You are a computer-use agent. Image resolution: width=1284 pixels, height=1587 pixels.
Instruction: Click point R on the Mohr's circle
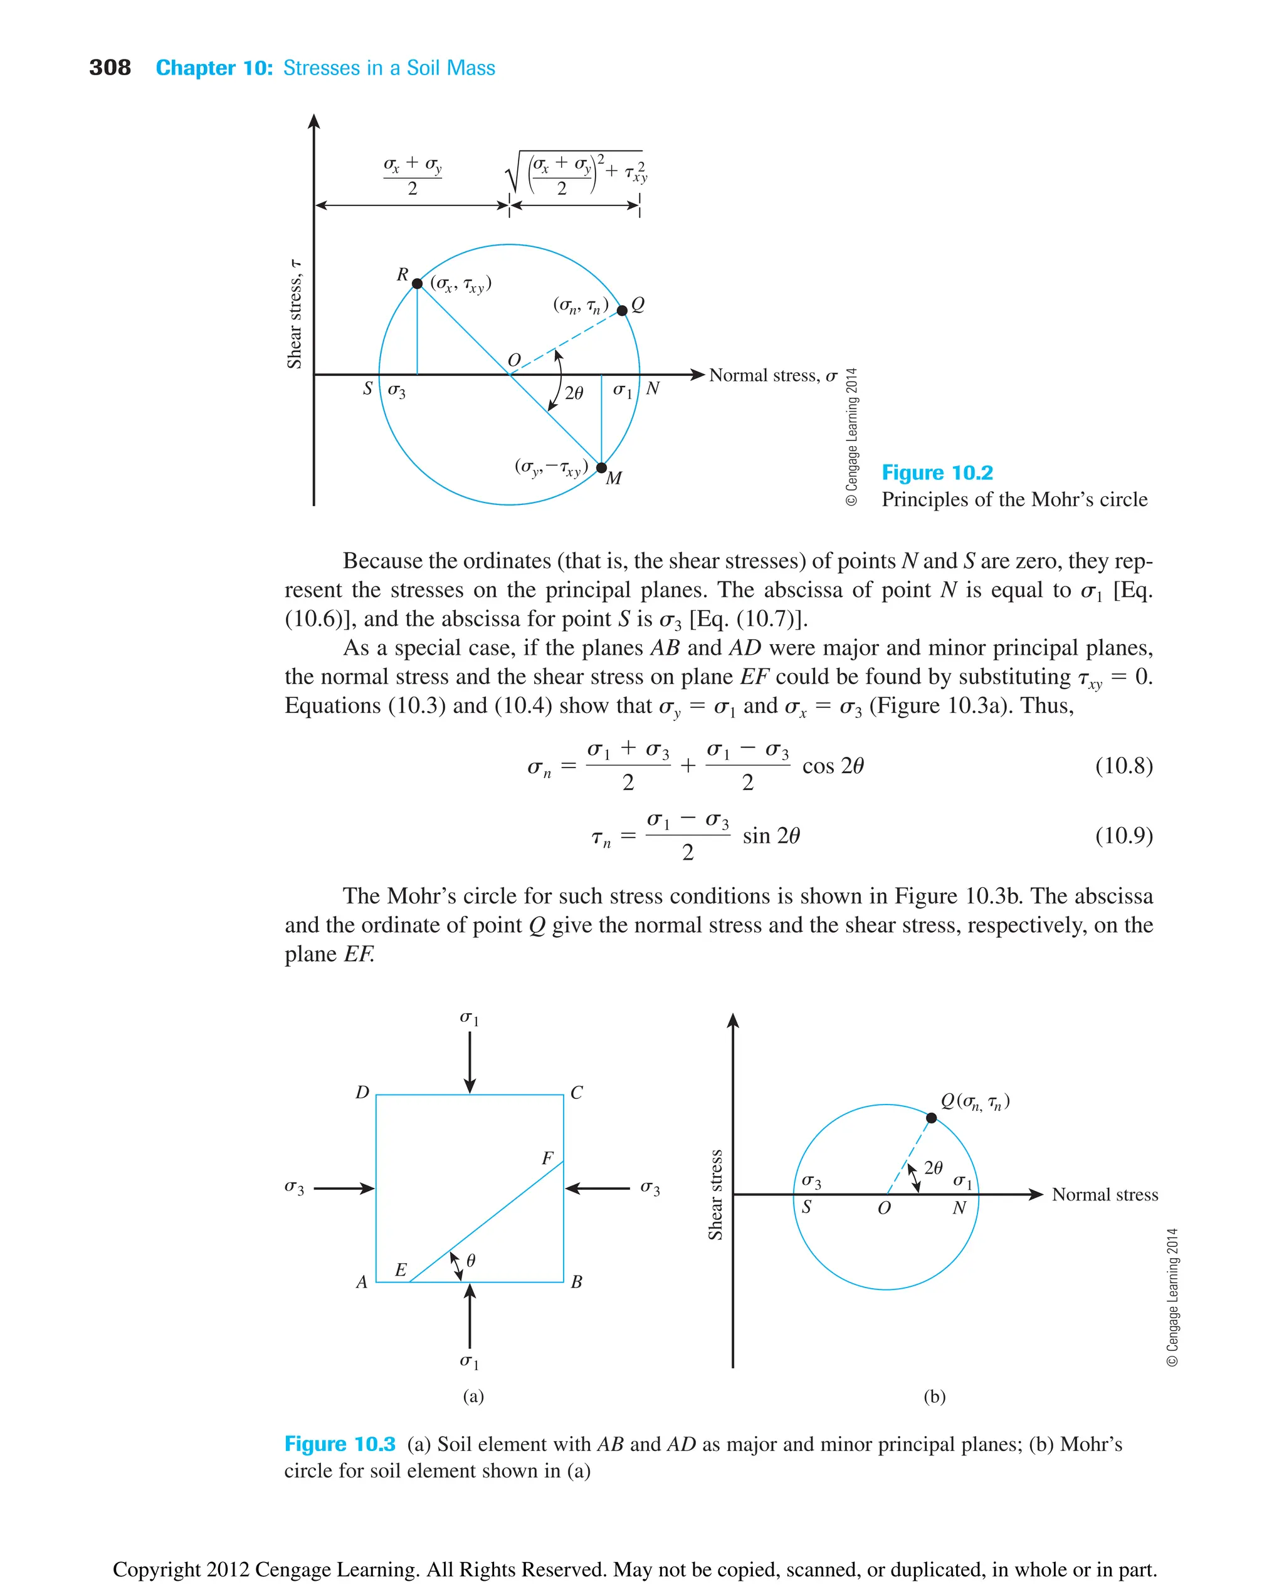[x=417, y=284]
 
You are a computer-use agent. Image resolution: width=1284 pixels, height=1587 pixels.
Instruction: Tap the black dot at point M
[x=601, y=468]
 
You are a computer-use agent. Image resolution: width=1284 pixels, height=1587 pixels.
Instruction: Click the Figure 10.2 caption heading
[x=937, y=472]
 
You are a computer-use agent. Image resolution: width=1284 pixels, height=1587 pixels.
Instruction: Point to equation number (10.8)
[x=1123, y=765]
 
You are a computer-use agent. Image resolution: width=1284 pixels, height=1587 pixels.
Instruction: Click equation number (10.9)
[x=1123, y=835]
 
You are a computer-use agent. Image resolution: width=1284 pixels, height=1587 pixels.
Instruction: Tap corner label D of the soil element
[x=362, y=1093]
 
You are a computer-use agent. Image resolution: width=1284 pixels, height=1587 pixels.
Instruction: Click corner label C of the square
[x=576, y=1093]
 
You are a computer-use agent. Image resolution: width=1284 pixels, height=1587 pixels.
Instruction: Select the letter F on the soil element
[x=547, y=1158]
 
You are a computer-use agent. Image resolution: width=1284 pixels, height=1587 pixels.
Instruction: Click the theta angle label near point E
[x=471, y=1259]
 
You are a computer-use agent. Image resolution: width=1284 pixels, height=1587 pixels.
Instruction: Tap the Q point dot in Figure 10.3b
[x=931, y=1118]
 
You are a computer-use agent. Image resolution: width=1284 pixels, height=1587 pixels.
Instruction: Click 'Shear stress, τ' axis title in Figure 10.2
[x=295, y=314]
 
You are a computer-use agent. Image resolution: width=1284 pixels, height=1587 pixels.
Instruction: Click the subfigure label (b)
[x=934, y=1397]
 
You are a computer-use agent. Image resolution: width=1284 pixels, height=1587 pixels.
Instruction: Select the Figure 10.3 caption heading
[x=339, y=1444]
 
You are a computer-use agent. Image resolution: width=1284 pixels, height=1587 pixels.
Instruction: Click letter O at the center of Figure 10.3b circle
[x=884, y=1209]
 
